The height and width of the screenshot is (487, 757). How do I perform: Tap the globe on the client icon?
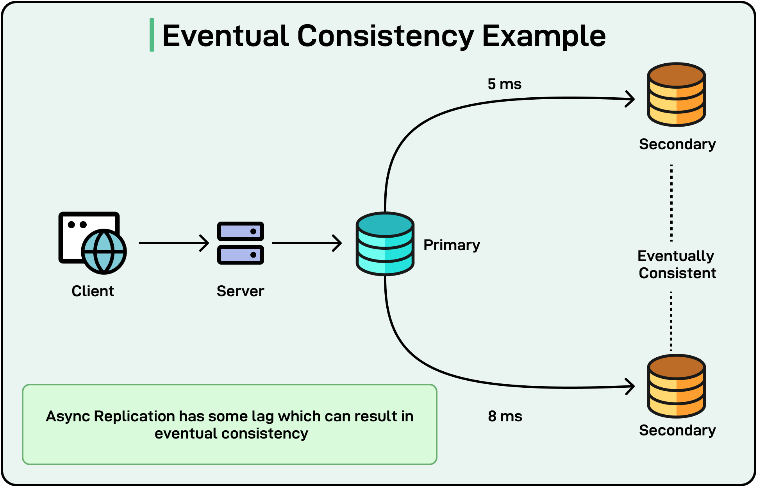[104, 251]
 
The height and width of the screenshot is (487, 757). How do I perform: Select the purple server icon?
[240, 243]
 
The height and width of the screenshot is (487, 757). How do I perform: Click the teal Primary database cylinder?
[385, 244]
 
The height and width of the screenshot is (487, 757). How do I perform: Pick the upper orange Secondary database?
[676, 95]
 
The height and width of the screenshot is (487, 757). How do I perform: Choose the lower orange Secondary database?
[676, 386]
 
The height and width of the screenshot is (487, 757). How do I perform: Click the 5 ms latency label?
[504, 84]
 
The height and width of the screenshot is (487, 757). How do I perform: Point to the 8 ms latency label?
[505, 416]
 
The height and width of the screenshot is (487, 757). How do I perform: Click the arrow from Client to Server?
[174, 243]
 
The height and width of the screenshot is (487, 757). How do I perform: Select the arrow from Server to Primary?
[307, 243]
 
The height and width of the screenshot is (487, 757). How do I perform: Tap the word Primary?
[452, 245]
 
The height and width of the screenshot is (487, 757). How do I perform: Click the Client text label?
[93, 291]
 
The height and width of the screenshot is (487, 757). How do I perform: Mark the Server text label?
[240, 291]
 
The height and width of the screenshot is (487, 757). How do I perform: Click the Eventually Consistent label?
[677, 265]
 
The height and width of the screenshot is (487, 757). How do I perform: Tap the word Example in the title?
[544, 36]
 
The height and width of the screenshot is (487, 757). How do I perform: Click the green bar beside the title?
[152, 35]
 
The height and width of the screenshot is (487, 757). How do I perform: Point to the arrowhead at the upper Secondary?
[630, 99]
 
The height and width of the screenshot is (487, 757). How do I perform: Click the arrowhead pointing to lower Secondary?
[630, 387]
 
